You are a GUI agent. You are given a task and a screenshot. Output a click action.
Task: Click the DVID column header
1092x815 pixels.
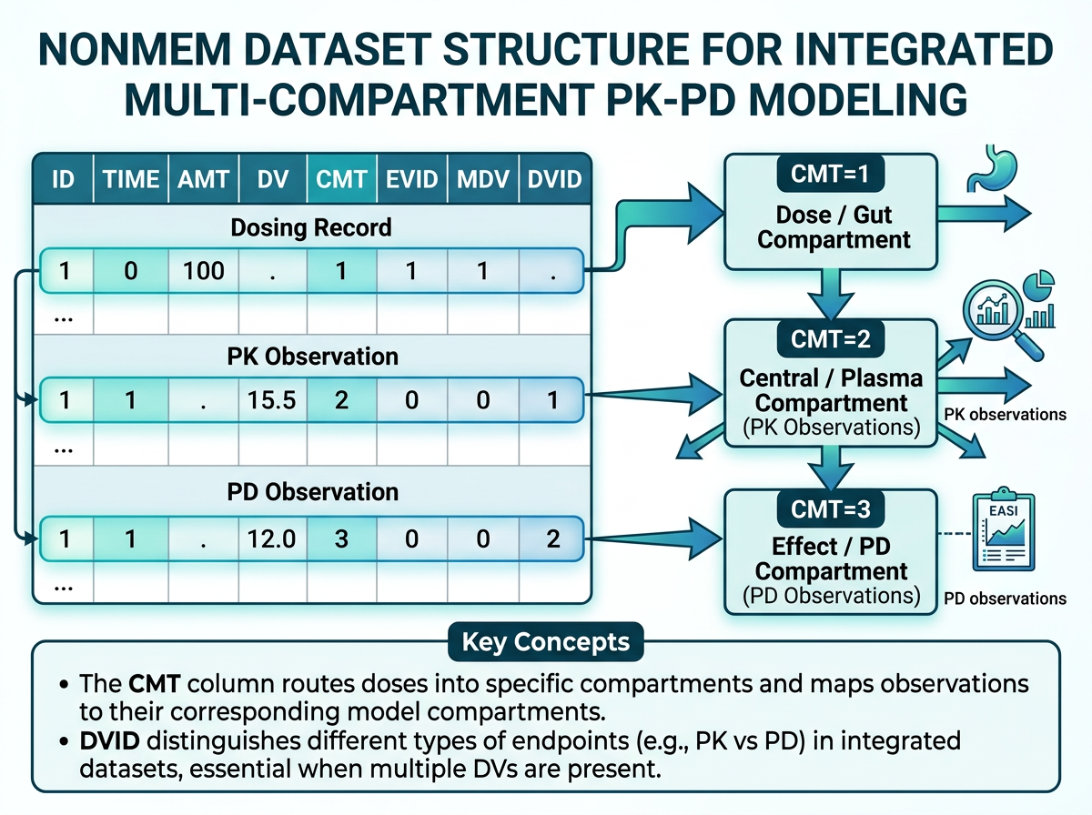pyautogui.click(x=553, y=179)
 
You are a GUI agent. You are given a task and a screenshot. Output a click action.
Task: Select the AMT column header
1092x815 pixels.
pyautogui.click(x=202, y=179)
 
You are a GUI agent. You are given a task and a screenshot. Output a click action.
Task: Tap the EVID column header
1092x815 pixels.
pyautogui.click(x=412, y=179)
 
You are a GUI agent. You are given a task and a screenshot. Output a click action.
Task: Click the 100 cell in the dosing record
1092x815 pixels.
pyautogui.click(x=203, y=270)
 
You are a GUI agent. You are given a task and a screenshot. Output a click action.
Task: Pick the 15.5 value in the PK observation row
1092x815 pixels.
pyautogui.click(x=272, y=399)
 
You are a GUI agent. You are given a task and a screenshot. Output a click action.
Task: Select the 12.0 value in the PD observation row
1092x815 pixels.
pyautogui.click(x=272, y=538)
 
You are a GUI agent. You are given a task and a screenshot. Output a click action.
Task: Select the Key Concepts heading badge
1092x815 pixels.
pyautogui.click(x=545, y=642)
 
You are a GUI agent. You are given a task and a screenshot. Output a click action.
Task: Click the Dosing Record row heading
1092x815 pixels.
pyautogui.click(x=311, y=226)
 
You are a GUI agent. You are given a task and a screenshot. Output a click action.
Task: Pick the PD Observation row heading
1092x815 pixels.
pyautogui.click(x=311, y=492)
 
